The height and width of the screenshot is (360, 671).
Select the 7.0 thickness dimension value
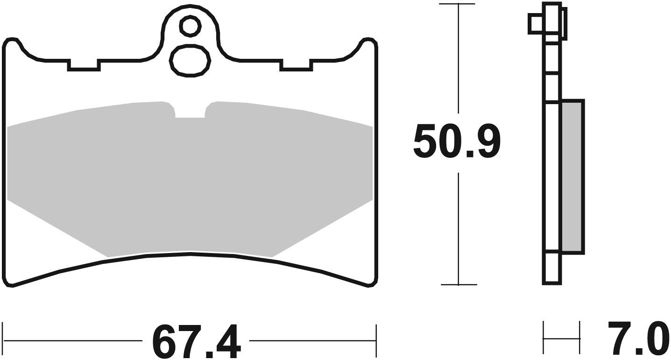(x=636, y=338)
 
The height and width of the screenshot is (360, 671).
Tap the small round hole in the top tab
(x=190, y=27)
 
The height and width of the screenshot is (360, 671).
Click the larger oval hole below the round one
(x=190, y=60)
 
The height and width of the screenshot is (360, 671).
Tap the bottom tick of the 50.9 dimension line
(x=459, y=284)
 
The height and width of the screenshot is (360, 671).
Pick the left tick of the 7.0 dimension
(x=544, y=338)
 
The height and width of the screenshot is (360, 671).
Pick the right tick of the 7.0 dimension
(x=579, y=338)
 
